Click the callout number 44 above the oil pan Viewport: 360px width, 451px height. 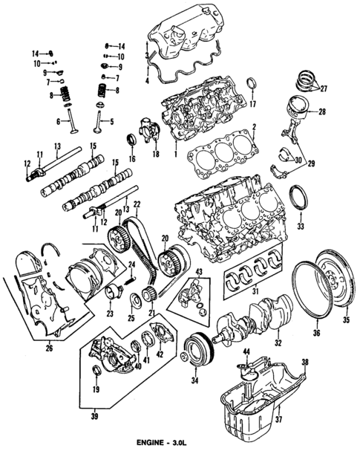[x=247, y=350]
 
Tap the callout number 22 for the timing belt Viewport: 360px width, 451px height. [x=135, y=204]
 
